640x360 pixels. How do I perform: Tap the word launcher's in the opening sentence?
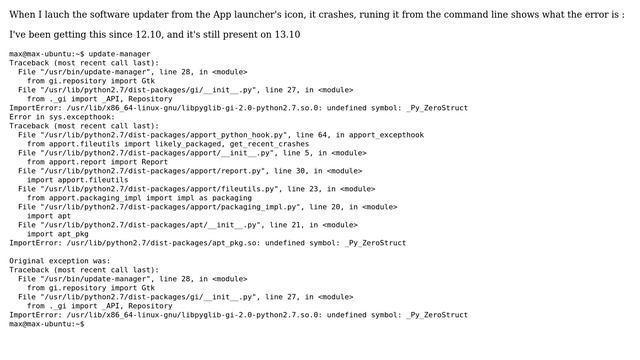tap(259, 15)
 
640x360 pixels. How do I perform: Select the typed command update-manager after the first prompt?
tap(120, 54)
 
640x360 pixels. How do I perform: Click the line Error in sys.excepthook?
tap(62, 117)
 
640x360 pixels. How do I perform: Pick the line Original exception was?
tap(60, 261)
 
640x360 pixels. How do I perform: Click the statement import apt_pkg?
tap(58, 234)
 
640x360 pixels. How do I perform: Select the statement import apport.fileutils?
tap(78, 180)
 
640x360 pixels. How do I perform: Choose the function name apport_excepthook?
tap(387, 135)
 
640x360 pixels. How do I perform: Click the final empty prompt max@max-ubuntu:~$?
tap(47, 324)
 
